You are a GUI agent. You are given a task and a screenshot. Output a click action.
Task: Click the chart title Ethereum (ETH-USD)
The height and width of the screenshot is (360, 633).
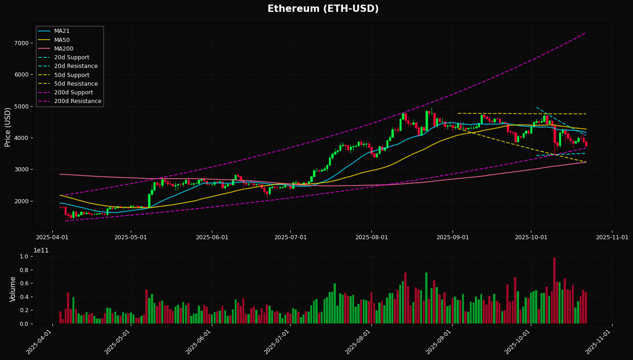click(x=323, y=9)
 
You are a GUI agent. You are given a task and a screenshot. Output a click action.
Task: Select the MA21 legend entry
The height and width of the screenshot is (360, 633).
click(x=62, y=31)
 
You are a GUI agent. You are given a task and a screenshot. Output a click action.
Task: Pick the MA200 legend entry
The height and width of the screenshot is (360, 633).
click(x=63, y=49)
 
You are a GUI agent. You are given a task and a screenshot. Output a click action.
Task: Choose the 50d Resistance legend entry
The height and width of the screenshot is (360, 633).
click(x=76, y=84)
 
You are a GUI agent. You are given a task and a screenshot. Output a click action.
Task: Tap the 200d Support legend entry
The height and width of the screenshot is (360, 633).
click(x=73, y=93)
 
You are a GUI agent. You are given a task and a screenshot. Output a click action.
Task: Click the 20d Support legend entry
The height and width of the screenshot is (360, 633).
click(x=72, y=57)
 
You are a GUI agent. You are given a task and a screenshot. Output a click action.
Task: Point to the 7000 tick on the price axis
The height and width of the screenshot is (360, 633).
click(x=22, y=43)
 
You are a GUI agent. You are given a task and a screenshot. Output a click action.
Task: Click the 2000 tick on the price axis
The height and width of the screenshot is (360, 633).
click(x=22, y=201)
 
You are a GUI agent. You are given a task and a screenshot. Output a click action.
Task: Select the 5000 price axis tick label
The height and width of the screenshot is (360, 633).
click(x=22, y=107)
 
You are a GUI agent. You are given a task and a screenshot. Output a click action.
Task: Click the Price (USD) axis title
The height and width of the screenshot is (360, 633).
click(x=8, y=127)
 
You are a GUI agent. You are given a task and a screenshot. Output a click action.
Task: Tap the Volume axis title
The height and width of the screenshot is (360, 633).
click(x=13, y=289)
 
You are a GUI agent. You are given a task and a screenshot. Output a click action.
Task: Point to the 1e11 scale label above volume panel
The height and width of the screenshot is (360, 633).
click(x=41, y=250)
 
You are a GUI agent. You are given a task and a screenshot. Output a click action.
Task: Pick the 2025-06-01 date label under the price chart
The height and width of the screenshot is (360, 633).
click(x=212, y=237)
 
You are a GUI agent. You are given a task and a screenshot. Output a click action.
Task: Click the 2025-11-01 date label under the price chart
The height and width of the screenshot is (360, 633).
click(x=612, y=237)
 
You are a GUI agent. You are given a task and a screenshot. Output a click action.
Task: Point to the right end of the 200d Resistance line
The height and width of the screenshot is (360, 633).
click(x=586, y=33)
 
